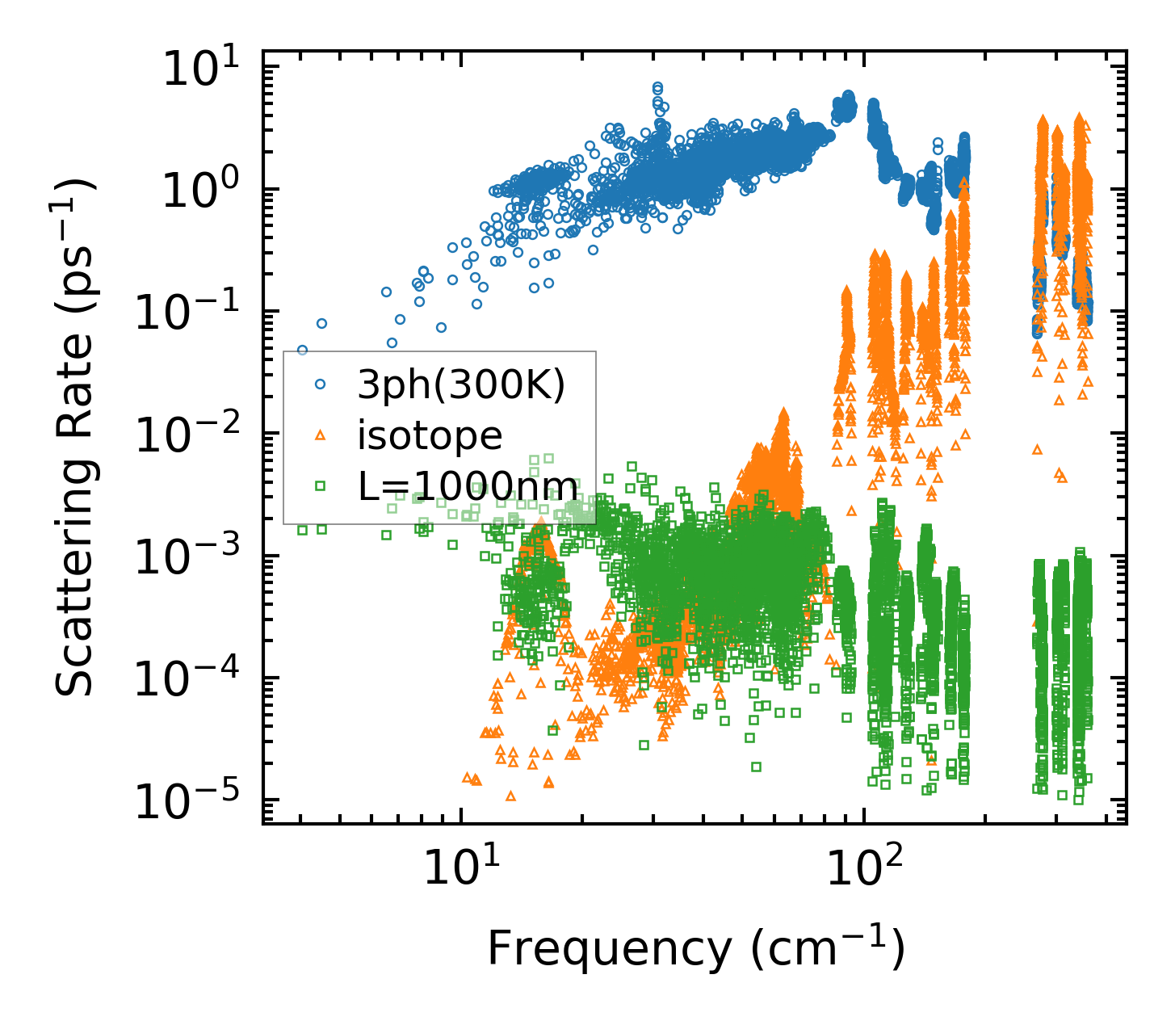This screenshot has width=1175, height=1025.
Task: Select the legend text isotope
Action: click(x=430, y=436)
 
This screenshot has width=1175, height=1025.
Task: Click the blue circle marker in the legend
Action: click(x=320, y=386)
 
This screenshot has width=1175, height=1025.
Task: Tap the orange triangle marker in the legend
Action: click(x=320, y=436)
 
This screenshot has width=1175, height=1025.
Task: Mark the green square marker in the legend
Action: click(x=320, y=486)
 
